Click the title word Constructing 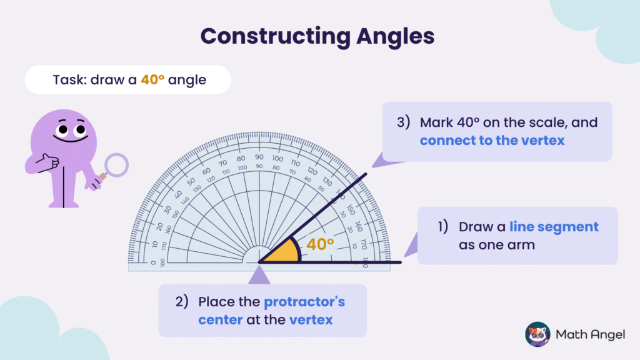(270, 36)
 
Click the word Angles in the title (393, 36)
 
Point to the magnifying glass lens (116, 165)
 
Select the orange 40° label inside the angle (321, 244)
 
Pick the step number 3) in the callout (403, 122)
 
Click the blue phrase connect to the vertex (492, 140)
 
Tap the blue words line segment (554, 226)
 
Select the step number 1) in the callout (442, 226)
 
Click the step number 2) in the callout (182, 302)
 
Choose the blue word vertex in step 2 (311, 320)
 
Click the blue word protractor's (304, 302)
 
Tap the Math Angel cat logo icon (537, 334)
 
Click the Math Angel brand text (590, 335)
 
